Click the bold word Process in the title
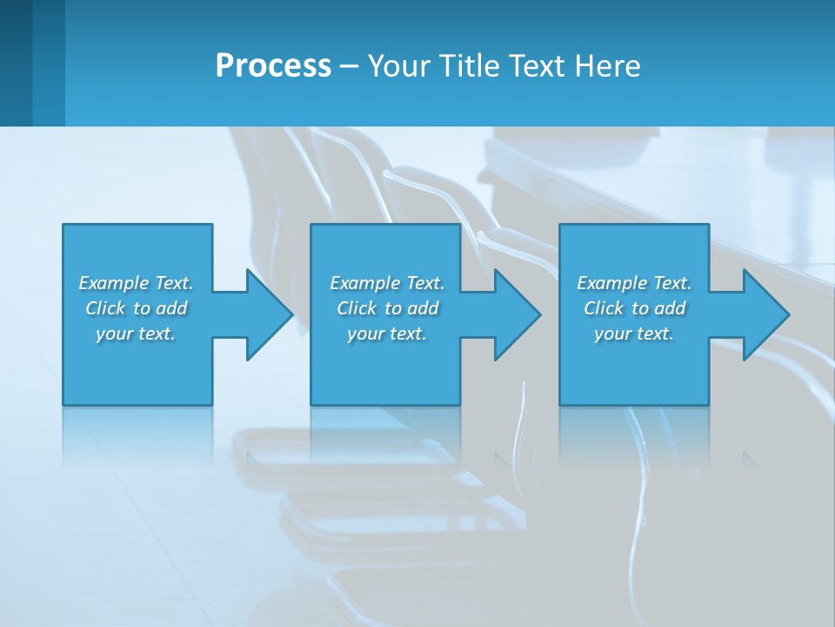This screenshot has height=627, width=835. [x=273, y=66]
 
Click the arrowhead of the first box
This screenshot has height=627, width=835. [x=269, y=314]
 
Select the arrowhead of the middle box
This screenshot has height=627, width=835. [x=517, y=314]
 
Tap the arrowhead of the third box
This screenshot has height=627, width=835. [x=765, y=314]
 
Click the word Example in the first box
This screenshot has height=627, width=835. [x=113, y=283]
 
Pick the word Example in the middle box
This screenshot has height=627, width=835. [x=364, y=283]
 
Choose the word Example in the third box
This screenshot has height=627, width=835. [x=611, y=283]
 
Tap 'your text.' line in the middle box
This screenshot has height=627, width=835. [x=386, y=334]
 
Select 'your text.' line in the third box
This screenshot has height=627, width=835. [x=633, y=334]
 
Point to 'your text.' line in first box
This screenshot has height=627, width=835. [x=135, y=334]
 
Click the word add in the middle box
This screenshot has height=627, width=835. [x=423, y=308]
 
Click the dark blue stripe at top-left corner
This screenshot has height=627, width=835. [x=16, y=63]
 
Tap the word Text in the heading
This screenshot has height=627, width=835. [x=538, y=66]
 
